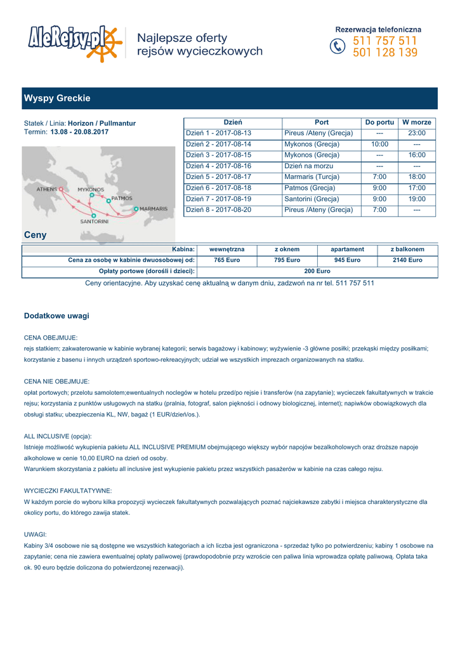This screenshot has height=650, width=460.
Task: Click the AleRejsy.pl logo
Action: [73, 42]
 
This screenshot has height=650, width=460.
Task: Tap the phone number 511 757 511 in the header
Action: [385, 41]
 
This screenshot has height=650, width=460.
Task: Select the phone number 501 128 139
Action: [385, 53]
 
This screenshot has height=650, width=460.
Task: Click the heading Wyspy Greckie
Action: [57, 98]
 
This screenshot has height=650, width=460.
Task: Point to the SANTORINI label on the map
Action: [94, 222]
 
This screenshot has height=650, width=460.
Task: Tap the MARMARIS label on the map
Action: [154, 209]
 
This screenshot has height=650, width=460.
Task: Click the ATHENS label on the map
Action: [46, 189]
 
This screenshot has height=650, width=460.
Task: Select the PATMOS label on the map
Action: [121, 198]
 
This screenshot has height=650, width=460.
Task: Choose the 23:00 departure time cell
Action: [417, 133]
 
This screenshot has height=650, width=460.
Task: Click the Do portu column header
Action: [379, 122]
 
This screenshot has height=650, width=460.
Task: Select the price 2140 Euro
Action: [407, 260]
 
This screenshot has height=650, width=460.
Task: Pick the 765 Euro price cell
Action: [227, 260]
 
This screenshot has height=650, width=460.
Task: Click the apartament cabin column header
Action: [347, 249]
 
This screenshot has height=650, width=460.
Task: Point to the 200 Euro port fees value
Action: [317, 271]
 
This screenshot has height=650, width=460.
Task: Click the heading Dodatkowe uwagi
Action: [56, 315]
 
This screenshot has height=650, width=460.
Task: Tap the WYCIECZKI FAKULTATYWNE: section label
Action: [68, 491]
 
